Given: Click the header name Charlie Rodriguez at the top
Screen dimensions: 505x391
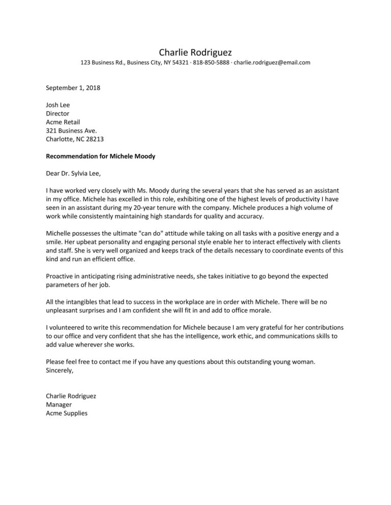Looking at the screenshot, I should point(195,52).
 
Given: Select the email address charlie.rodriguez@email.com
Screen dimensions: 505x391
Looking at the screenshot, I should point(272,63).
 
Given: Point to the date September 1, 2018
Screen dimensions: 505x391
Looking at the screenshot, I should point(73,87).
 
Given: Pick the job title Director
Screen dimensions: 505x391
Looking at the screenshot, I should point(58,114).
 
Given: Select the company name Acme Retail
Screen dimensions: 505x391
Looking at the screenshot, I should point(63,122).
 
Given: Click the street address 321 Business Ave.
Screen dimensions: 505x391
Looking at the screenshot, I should point(71,131).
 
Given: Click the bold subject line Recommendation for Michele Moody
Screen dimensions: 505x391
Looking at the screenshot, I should point(100,156).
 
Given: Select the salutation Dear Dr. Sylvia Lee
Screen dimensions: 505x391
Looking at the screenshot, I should point(73,174).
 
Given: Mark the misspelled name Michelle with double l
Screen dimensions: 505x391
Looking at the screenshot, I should point(59,234).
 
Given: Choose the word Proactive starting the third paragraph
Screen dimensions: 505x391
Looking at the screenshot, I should point(60,276).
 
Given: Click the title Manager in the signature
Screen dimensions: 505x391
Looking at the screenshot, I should point(59,405).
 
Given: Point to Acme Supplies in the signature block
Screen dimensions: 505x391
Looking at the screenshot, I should point(66,413).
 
